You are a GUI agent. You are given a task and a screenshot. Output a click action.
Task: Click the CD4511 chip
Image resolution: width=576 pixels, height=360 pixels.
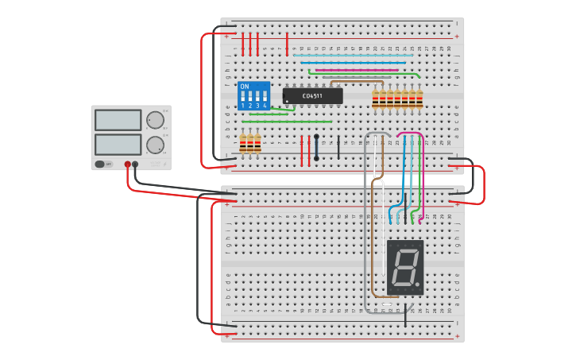pos(312,96)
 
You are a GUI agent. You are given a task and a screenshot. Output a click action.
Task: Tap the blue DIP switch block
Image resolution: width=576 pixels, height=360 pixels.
pos(253,95)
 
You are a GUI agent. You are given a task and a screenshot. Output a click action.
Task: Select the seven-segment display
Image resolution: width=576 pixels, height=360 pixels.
pos(404,267)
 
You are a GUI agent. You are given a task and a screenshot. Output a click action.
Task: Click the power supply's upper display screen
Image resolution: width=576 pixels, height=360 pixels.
pos(118,120)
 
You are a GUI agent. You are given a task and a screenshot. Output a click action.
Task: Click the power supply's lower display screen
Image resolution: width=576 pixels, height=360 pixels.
pos(118,145)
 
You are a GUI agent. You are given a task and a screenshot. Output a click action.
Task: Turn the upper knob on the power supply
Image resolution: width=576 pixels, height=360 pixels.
pos(155,120)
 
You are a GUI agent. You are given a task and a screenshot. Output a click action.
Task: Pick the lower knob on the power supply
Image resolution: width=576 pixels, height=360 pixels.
pos(155,145)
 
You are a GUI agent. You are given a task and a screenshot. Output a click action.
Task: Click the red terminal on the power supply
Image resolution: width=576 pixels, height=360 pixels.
pos(127,165)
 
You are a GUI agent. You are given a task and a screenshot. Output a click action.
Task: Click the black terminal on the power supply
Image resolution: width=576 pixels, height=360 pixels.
pos(135,165)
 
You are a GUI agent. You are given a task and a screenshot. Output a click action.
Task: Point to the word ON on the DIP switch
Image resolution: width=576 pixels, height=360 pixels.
pos(244,87)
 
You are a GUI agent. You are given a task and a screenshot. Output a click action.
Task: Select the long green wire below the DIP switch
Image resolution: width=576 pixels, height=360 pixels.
pos(294,122)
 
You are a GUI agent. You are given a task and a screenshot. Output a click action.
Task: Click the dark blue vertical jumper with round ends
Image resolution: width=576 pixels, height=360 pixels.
pos(316,147)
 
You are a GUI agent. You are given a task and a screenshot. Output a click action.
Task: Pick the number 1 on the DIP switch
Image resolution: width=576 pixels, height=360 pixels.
pos(243,105)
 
